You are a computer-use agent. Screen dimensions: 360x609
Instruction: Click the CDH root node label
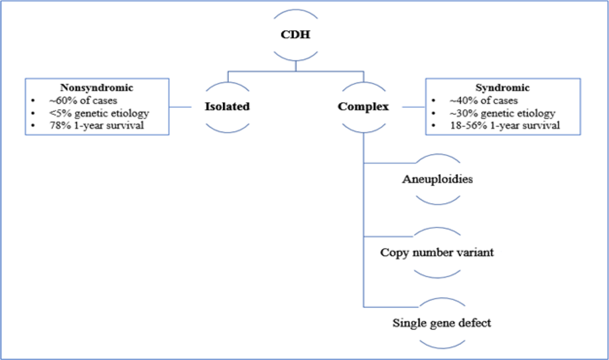(x=296, y=34)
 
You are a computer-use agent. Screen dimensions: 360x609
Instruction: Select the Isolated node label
(x=227, y=107)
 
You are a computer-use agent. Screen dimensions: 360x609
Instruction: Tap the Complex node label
(x=363, y=107)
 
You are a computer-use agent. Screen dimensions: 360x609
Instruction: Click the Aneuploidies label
(x=437, y=179)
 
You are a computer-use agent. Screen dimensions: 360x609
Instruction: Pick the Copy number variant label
(x=437, y=252)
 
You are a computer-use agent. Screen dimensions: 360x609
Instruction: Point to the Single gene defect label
(x=442, y=323)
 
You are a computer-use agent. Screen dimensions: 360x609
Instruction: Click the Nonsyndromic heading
(x=97, y=88)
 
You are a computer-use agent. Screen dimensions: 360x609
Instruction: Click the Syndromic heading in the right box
(x=503, y=88)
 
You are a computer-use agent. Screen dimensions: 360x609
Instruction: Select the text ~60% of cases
(x=83, y=101)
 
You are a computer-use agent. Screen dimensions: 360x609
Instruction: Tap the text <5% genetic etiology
(x=99, y=113)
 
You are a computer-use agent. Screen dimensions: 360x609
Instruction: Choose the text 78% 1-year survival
(x=97, y=125)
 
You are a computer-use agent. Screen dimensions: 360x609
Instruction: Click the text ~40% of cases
(x=484, y=101)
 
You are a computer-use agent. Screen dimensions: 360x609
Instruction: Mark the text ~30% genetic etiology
(x=502, y=113)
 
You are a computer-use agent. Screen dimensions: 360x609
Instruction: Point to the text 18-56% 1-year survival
(x=505, y=125)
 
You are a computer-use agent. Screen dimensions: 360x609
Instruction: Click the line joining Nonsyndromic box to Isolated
(x=180, y=107)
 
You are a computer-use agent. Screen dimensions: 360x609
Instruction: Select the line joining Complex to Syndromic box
(x=413, y=107)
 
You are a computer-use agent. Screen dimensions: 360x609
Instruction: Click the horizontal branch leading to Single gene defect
(x=390, y=307)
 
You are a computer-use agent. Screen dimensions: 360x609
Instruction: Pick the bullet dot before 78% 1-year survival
(x=33, y=126)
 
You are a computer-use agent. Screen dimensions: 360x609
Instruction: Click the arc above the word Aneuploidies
(x=438, y=155)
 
